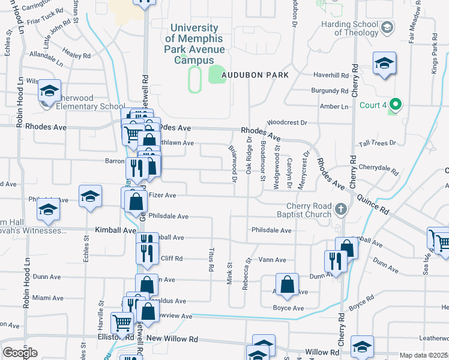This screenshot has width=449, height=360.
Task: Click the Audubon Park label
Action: click(255, 75)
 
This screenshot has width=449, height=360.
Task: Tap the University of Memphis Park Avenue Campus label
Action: click(194, 44)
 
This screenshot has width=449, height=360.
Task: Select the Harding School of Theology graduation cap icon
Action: click(387, 28)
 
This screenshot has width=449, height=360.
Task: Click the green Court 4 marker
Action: click(394, 106)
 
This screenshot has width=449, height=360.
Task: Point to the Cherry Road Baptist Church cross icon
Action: click(341, 209)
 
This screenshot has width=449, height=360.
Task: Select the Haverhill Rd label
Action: click(331, 76)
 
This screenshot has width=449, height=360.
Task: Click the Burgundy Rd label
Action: click(330, 91)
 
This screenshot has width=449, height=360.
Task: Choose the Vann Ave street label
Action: click(273, 260)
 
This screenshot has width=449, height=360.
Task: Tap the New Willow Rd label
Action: click(172, 338)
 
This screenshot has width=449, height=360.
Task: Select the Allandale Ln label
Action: click(46, 58)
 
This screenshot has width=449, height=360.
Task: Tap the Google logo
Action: click(20, 352)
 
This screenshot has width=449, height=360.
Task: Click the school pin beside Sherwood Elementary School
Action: click(49, 91)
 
